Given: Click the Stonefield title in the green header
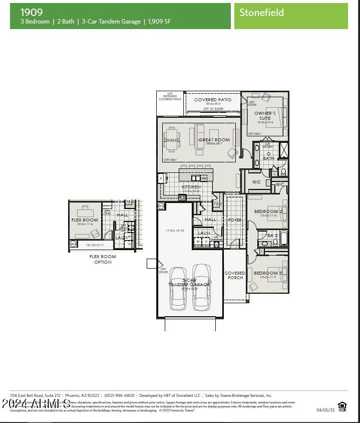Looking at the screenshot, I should [261, 13].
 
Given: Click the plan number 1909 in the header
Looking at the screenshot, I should [32, 12].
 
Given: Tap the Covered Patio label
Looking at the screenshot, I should [213, 100].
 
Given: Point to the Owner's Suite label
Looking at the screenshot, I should [265, 116].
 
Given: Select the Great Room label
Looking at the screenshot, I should [214, 140].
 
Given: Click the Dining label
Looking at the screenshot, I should [171, 140].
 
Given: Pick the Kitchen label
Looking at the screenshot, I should [191, 187].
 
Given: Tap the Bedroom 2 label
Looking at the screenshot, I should [268, 212].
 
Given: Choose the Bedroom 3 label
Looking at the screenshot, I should [268, 273].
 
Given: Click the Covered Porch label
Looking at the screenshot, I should [235, 275].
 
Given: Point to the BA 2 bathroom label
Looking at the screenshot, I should [272, 236].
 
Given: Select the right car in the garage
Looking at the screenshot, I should [201, 286].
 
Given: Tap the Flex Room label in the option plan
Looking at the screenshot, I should [85, 220].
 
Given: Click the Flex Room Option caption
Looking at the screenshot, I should [103, 259].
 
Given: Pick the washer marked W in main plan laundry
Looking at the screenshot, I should [198, 242].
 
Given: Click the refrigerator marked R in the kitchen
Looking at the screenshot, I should [161, 178].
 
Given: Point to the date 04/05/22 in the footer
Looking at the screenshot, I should [325, 409].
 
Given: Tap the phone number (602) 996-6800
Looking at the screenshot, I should [119, 395].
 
